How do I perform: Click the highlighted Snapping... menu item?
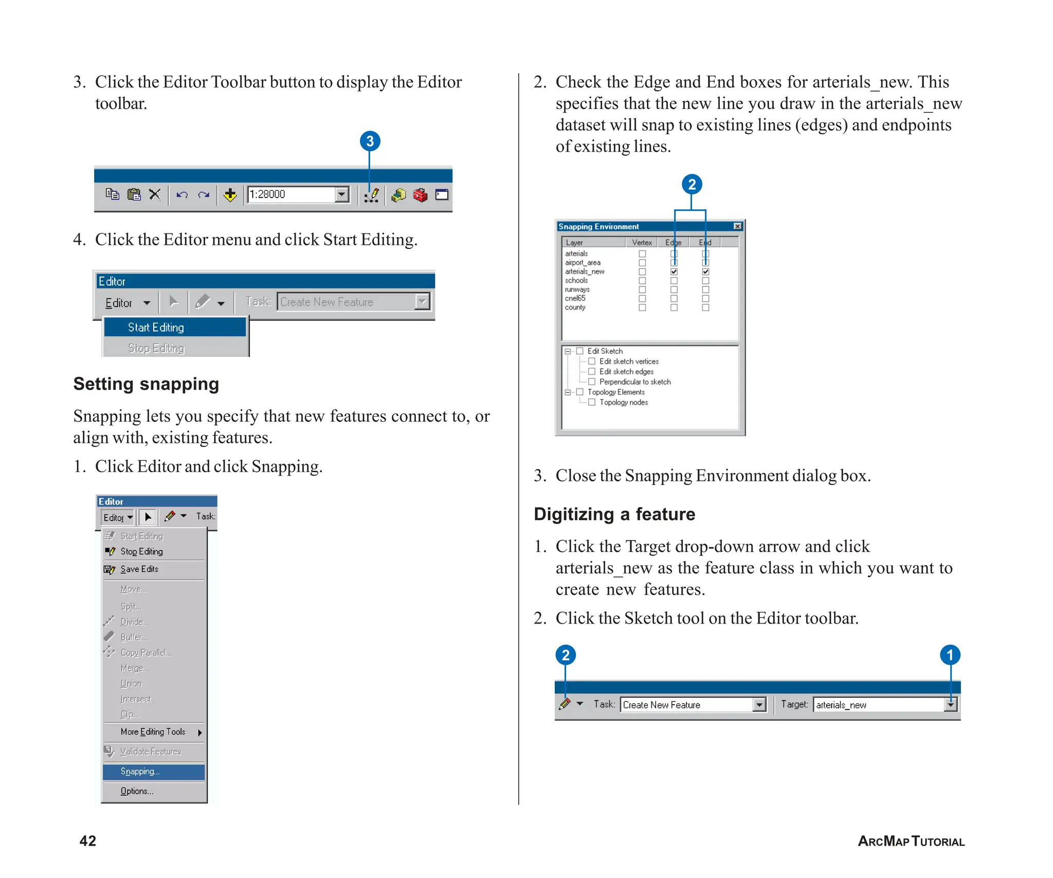153,772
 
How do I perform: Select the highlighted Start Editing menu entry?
175,328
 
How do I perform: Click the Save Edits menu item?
139,569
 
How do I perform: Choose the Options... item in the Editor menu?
137,791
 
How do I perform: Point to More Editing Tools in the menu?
153,732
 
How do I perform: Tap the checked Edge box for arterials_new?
674,272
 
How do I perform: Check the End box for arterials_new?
705,272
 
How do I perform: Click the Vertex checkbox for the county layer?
642,308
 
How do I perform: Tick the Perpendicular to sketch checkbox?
592,382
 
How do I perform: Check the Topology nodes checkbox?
592,402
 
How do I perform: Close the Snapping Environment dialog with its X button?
737,226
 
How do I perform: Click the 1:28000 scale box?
291,194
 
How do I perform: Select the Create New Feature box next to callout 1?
686,705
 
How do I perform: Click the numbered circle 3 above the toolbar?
370,141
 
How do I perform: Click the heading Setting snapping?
146,384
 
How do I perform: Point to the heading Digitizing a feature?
614,514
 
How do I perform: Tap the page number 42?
88,841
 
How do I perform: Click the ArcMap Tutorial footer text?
911,841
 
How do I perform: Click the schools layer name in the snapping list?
576,281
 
